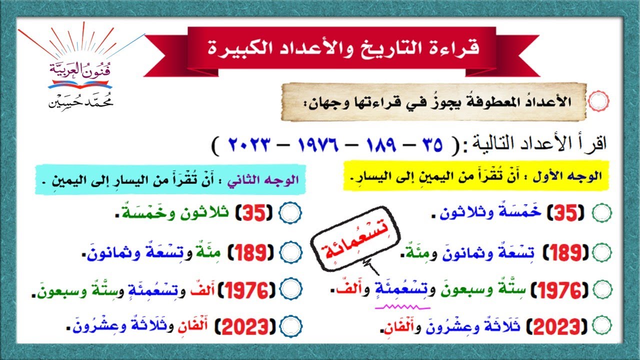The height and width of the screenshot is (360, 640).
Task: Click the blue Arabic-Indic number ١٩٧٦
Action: point(318,145)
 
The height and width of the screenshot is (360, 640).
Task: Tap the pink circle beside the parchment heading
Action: point(598,101)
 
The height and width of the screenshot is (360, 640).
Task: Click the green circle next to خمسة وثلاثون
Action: point(602,214)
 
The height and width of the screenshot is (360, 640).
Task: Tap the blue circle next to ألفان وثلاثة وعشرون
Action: point(290,327)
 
